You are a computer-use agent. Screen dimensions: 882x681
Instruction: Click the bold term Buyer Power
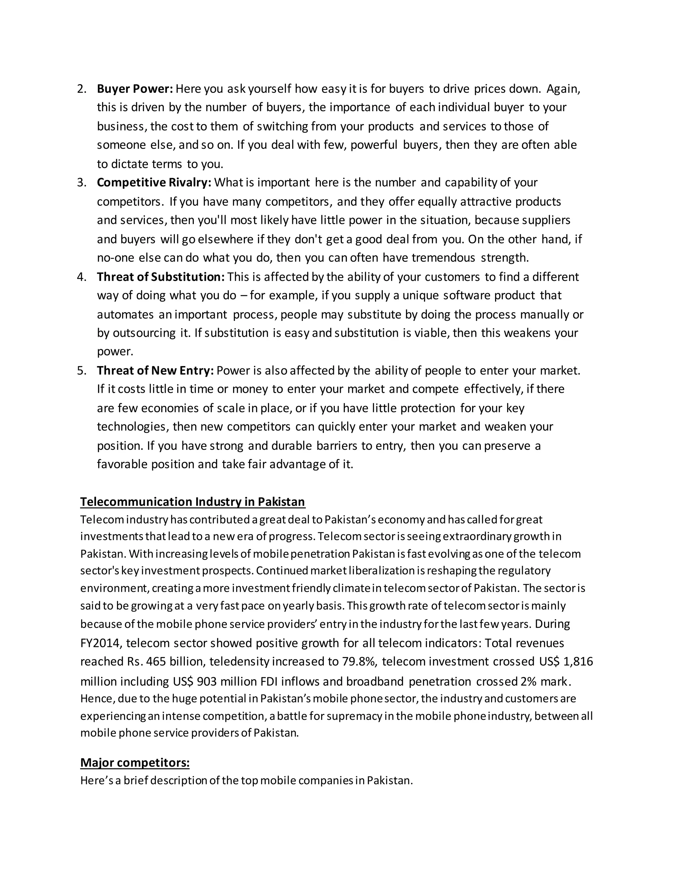pyautogui.click(x=135, y=89)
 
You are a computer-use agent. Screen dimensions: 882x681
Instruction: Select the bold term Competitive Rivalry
pyautogui.click(x=154, y=182)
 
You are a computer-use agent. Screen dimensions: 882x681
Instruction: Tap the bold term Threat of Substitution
pyautogui.click(x=161, y=277)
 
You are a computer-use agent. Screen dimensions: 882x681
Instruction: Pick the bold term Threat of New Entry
pyautogui.click(x=155, y=370)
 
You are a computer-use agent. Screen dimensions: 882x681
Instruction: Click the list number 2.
pyautogui.click(x=81, y=89)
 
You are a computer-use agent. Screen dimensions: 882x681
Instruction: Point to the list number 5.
pyautogui.click(x=81, y=371)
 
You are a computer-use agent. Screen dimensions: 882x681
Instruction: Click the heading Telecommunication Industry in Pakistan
pyautogui.click(x=193, y=502)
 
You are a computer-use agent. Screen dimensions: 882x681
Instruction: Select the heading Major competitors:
pyautogui.click(x=135, y=763)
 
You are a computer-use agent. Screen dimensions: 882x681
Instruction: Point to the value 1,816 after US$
pyautogui.click(x=578, y=662)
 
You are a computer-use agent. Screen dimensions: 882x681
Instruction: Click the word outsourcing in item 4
pyautogui.click(x=144, y=333)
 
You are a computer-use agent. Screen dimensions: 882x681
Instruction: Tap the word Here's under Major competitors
pyautogui.click(x=96, y=780)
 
